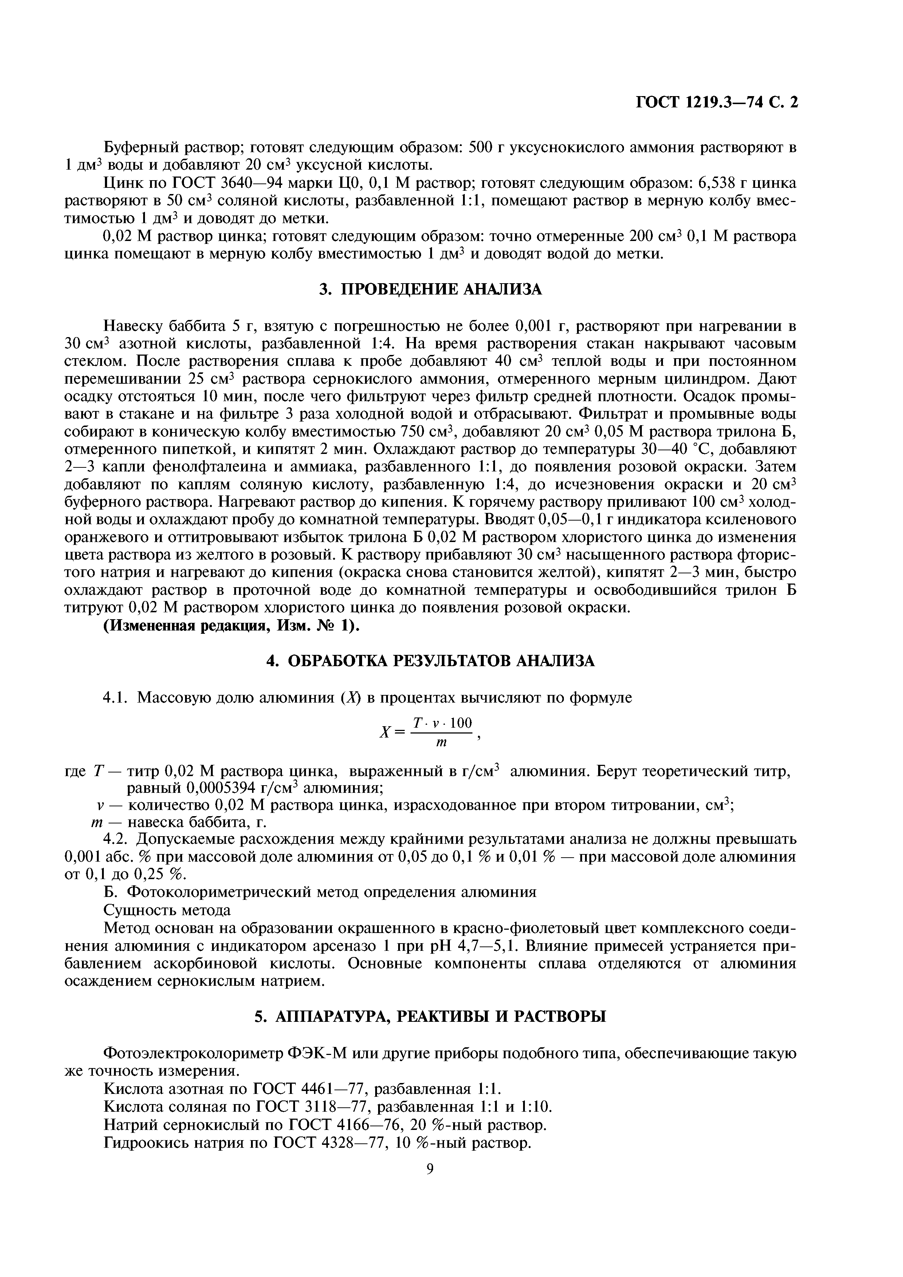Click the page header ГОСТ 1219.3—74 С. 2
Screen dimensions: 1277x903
[716, 103]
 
